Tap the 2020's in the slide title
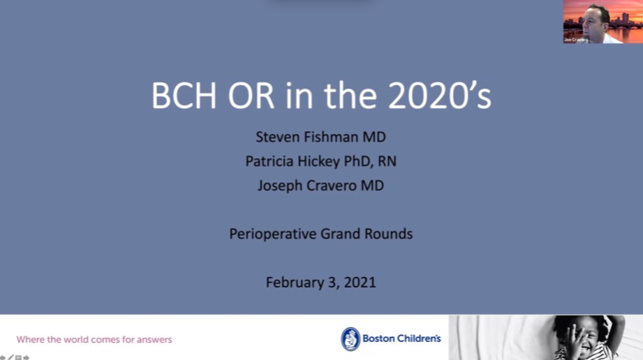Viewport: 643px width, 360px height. (440, 96)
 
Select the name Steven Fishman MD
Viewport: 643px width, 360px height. (321, 137)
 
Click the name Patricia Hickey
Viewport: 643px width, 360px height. (293, 161)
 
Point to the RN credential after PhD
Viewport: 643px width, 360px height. (387, 161)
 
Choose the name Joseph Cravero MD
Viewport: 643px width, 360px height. (321, 186)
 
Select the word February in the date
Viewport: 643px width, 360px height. (294, 282)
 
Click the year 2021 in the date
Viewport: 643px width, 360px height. (359, 282)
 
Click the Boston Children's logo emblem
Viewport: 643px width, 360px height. (350, 339)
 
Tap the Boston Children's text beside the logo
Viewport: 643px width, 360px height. (401, 338)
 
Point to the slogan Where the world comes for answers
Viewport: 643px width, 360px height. (94, 340)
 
